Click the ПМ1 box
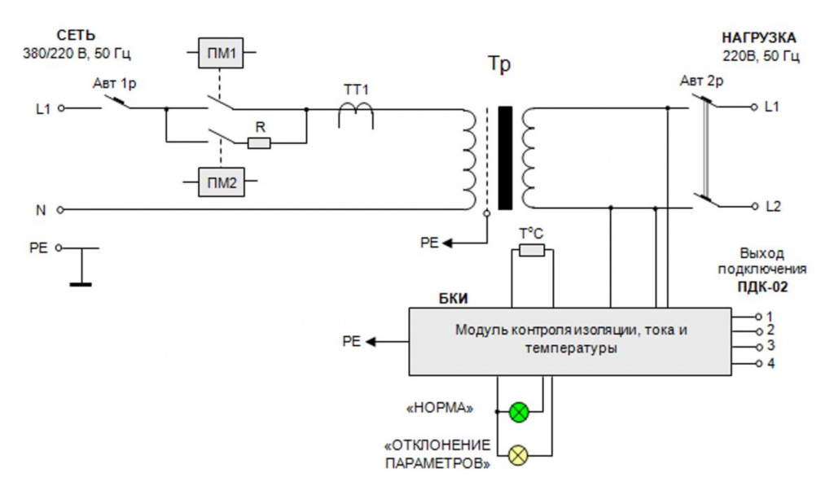(221, 53)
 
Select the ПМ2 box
(222, 182)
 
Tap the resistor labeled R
(260, 142)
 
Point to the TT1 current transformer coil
(356, 113)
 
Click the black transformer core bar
(505, 158)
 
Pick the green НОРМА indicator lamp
(519, 412)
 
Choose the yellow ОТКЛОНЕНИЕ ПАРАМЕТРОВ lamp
(519, 455)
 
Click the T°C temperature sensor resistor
(532, 250)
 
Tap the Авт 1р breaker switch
(116, 102)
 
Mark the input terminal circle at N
(60, 210)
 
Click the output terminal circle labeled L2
(753, 207)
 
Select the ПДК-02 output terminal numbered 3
(759, 348)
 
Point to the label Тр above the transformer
(499, 64)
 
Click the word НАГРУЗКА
(758, 37)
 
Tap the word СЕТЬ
(76, 36)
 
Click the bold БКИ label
(453, 299)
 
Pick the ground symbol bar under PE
(81, 285)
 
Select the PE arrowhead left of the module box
(371, 341)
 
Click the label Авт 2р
(701, 81)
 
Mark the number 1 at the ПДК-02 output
(770, 317)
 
